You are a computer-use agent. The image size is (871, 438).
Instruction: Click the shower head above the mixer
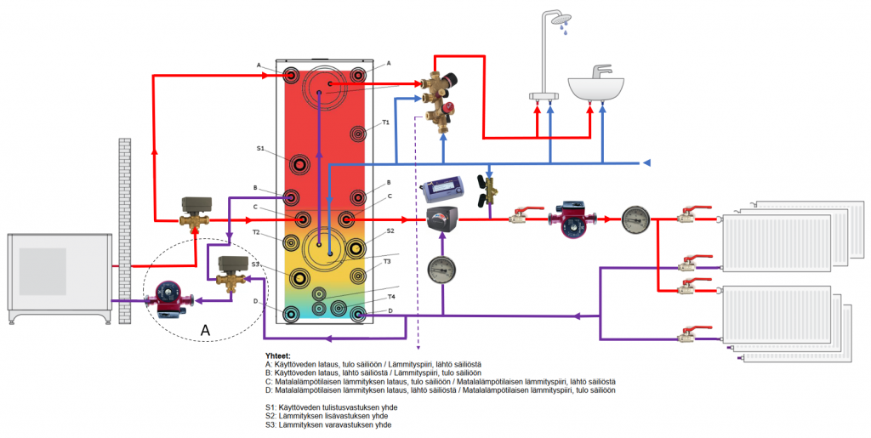560,19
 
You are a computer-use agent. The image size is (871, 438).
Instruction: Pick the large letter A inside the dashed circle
205,328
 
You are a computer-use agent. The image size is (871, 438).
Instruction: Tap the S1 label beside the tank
261,149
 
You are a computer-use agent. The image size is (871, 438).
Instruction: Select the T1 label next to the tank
385,122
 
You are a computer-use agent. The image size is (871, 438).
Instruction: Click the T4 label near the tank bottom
391,297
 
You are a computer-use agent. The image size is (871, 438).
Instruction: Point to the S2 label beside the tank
390,230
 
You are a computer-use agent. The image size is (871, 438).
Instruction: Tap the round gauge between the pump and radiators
635,219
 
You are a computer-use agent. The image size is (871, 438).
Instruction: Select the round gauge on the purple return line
442,270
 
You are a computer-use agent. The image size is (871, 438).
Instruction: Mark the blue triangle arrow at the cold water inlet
646,162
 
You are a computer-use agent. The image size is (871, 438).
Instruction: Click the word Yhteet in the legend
278,356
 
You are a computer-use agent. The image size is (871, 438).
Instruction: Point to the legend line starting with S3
327,424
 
